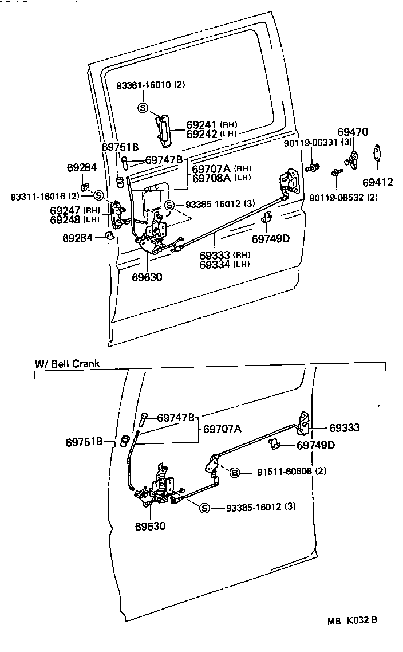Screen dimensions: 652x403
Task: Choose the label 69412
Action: [x=377, y=183]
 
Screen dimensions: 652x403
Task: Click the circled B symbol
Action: [x=234, y=473]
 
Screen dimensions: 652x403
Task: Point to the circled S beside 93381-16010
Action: [x=143, y=107]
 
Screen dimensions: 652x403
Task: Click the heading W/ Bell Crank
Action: [x=67, y=363]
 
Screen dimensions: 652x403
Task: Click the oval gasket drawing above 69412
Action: [x=377, y=153]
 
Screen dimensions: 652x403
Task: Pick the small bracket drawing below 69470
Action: [x=353, y=160]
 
